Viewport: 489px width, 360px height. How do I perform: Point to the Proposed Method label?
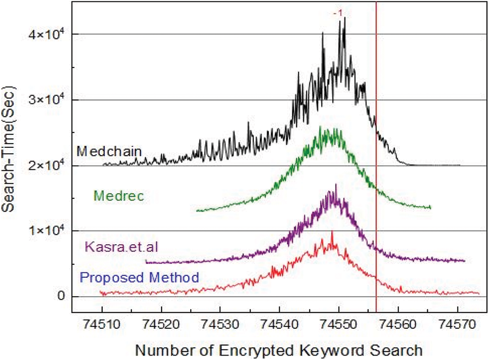(139, 278)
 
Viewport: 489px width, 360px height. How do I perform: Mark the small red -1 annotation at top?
(336, 13)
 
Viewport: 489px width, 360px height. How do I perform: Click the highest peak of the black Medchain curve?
(345, 18)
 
